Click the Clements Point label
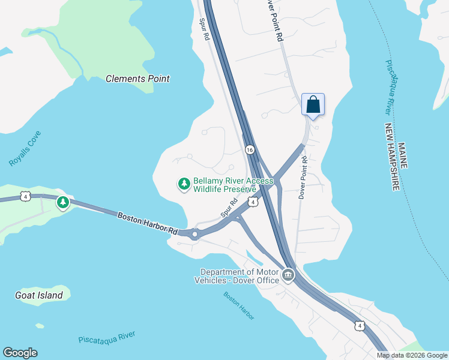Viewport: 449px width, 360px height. pyautogui.click(x=137, y=79)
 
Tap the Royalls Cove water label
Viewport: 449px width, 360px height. pyautogui.click(x=25, y=149)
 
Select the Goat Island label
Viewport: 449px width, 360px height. pyautogui.click(x=38, y=295)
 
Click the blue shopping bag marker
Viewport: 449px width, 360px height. pyautogui.click(x=313, y=105)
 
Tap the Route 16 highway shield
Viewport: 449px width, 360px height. pyautogui.click(x=250, y=149)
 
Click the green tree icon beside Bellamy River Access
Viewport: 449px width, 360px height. pyautogui.click(x=184, y=184)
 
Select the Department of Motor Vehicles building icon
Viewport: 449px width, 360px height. pyautogui.click(x=288, y=275)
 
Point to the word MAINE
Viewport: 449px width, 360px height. pyautogui.click(x=402, y=155)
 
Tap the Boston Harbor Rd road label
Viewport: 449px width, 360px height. pyautogui.click(x=147, y=223)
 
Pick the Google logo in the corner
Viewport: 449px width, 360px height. pyautogui.click(x=20, y=353)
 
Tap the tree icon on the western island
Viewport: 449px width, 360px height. pyautogui.click(x=62, y=203)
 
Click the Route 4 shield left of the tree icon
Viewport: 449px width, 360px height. pyautogui.click(x=25, y=196)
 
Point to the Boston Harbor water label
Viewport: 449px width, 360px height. pyautogui.click(x=239, y=305)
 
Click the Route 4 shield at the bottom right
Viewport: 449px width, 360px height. pyautogui.click(x=359, y=326)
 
